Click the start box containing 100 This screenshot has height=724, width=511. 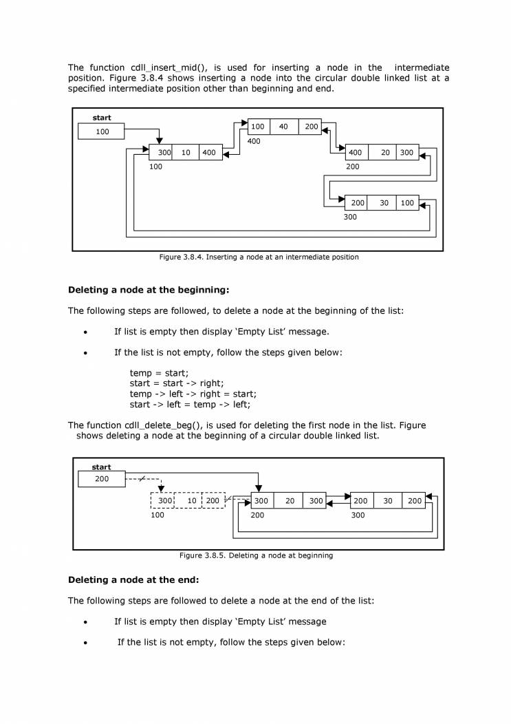point(102,131)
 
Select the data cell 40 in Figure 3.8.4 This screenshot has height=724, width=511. point(283,127)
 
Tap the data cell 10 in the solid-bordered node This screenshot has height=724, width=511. point(186,153)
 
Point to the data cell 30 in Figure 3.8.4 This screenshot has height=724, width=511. point(384,203)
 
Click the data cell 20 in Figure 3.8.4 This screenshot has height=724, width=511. point(385,153)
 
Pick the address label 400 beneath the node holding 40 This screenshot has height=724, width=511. point(254,141)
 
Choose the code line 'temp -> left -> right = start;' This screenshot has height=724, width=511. point(193,394)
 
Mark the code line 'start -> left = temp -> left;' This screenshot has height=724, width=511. point(190,405)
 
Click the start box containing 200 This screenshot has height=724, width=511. point(102,479)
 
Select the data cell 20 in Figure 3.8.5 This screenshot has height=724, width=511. point(290,501)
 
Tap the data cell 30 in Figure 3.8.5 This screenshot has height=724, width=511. point(388,501)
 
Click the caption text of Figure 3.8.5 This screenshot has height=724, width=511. point(256,555)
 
